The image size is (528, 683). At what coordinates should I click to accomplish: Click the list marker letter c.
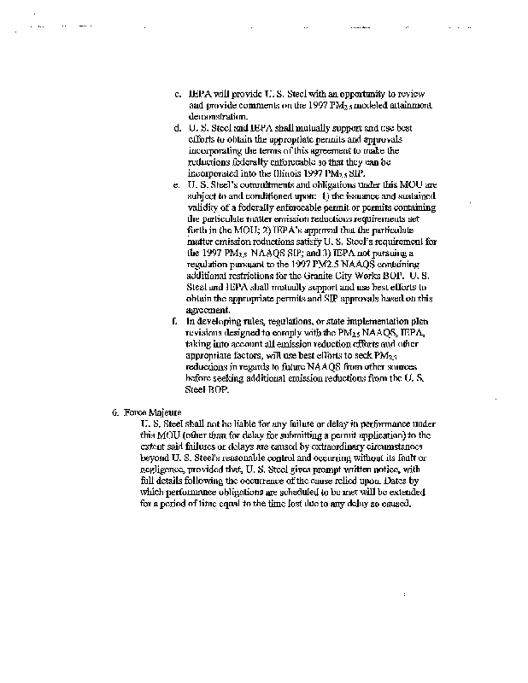(176, 93)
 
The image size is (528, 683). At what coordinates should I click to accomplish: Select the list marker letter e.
(176, 184)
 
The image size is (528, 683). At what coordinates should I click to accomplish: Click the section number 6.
(114, 412)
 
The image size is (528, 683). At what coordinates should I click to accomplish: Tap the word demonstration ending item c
(218, 115)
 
